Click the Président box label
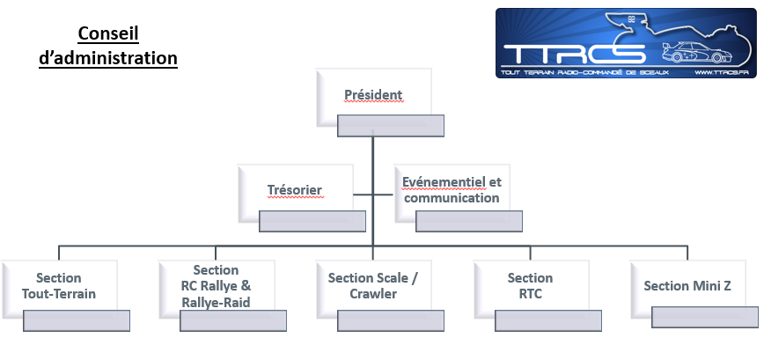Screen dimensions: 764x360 (x=374, y=94)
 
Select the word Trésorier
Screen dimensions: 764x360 (x=295, y=190)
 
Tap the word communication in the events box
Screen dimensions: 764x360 (x=452, y=198)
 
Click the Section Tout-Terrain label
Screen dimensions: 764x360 (x=59, y=286)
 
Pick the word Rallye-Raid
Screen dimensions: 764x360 (x=216, y=303)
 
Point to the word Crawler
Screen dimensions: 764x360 (x=373, y=294)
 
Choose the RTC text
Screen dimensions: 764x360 (x=530, y=294)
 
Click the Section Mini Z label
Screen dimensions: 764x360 (x=687, y=286)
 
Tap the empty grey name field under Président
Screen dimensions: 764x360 (x=391, y=126)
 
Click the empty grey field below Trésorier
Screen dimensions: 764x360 (x=312, y=221)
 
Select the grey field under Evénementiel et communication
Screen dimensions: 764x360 (x=469, y=221)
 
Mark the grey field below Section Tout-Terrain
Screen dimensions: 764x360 (x=77, y=320)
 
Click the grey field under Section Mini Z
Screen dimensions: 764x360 (x=705, y=317)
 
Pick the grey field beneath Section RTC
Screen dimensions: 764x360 (x=548, y=320)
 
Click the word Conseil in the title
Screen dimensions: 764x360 (x=108, y=33)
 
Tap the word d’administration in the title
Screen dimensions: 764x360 (x=108, y=58)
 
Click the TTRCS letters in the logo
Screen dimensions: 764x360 (x=575, y=54)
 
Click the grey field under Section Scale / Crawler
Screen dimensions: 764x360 (x=391, y=320)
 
